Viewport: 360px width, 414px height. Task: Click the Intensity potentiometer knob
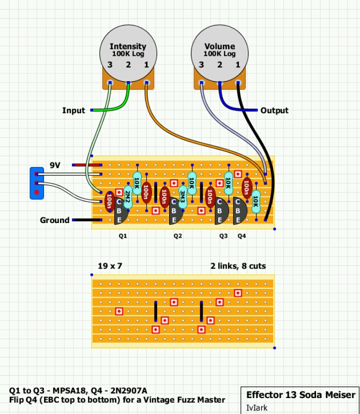[x=128, y=54]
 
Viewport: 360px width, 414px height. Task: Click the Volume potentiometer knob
[x=220, y=54]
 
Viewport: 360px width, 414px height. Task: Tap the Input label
[x=73, y=110]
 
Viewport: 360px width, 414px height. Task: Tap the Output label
[x=275, y=110]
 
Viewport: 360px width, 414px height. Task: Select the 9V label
[x=55, y=165]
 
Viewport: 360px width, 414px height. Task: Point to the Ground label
[x=55, y=220]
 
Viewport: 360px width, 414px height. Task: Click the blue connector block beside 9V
[x=37, y=183]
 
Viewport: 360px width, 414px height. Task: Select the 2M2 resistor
[x=128, y=197]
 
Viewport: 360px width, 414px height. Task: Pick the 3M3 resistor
[x=183, y=197]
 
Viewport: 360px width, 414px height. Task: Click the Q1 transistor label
[x=123, y=236]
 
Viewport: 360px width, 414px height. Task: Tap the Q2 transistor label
[x=177, y=236]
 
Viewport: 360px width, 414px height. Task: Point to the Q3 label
[x=223, y=236]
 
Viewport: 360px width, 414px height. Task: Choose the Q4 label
[x=242, y=236]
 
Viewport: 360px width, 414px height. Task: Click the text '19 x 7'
[x=110, y=266]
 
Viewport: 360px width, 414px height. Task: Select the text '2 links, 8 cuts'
[x=238, y=266]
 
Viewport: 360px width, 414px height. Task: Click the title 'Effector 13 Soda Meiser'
[x=301, y=395]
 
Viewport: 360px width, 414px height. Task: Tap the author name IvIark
[x=257, y=408]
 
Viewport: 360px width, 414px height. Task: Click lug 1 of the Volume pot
[x=238, y=83]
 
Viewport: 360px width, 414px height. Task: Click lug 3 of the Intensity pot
[x=110, y=83]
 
